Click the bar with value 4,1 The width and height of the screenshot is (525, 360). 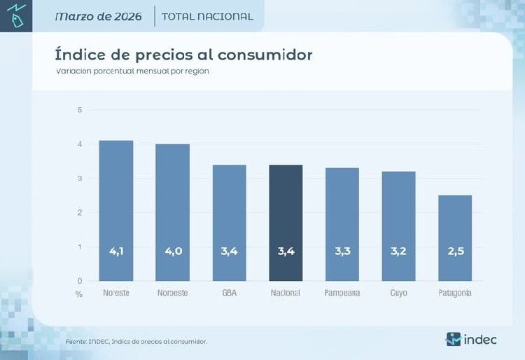(115, 210)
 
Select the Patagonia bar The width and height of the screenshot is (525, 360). (455, 238)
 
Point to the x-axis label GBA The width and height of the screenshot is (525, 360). (229, 293)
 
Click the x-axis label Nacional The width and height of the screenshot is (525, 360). (286, 293)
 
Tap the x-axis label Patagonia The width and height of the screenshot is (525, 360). (455, 293)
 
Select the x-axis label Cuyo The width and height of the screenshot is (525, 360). (398, 293)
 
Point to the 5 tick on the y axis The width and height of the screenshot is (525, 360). (80, 110)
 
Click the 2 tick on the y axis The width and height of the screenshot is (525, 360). (80, 212)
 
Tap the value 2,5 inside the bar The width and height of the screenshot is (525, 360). (455, 251)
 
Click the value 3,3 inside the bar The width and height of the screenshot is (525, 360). (342, 251)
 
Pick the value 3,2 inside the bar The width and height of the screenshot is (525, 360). (398, 251)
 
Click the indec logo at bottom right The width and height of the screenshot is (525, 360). (471, 339)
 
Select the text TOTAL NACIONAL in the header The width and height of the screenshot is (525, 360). (207, 16)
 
